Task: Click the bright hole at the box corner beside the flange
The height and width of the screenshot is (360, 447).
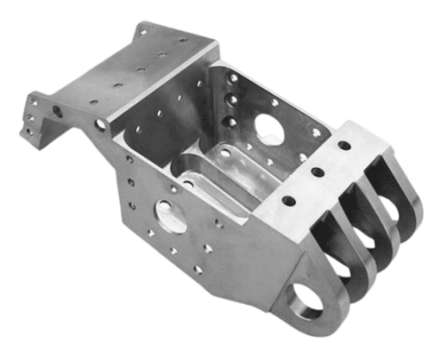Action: point(100,124)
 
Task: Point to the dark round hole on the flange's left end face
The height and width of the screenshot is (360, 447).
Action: point(57,112)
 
